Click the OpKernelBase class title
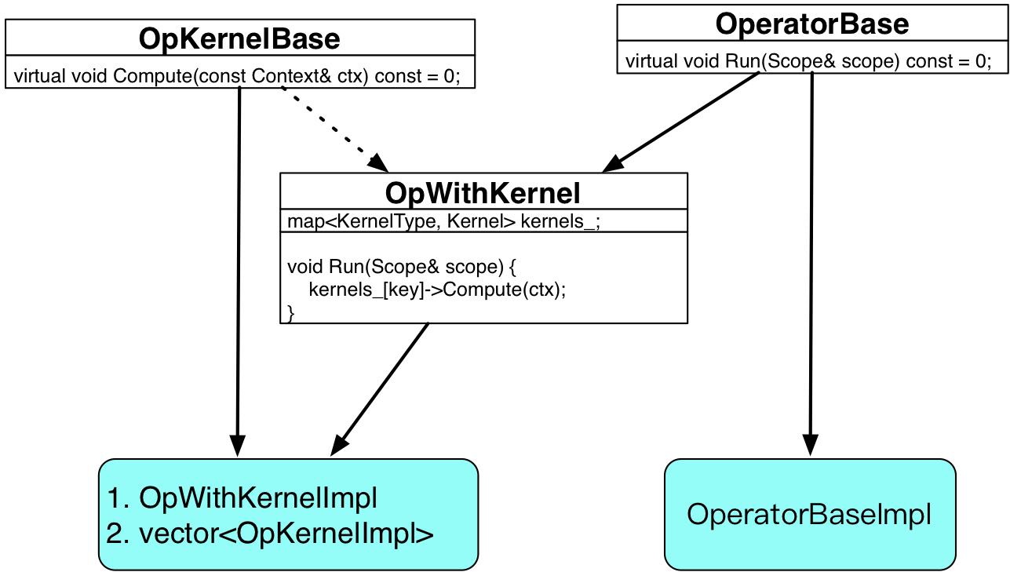click(x=239, y=38)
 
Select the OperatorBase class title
click(x=812, y=24)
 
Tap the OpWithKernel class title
click(x=483, y=193)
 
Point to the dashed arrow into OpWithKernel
click(x=334, y=129)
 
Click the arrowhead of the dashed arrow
click(x=379, y=163)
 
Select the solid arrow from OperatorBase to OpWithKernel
click(x=680, y=122)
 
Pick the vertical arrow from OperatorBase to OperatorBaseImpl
click(x=811, y=264)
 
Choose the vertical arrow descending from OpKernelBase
click(x=239, y=271)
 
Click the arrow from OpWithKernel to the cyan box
click(x=379, y=389)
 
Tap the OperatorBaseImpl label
click(x=809, y=514)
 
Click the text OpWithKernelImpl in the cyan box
click(x=258, y=498)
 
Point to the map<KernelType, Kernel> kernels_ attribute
click(x=444, y=221)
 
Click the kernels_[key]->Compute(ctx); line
click(x=437, y=290)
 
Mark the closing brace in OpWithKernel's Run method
click(x=291, y=313)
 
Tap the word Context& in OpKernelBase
click(x=291, y=76)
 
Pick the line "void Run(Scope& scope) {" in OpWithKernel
click(x=402, y=267)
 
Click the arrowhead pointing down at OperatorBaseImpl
click(x=810, y=445)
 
